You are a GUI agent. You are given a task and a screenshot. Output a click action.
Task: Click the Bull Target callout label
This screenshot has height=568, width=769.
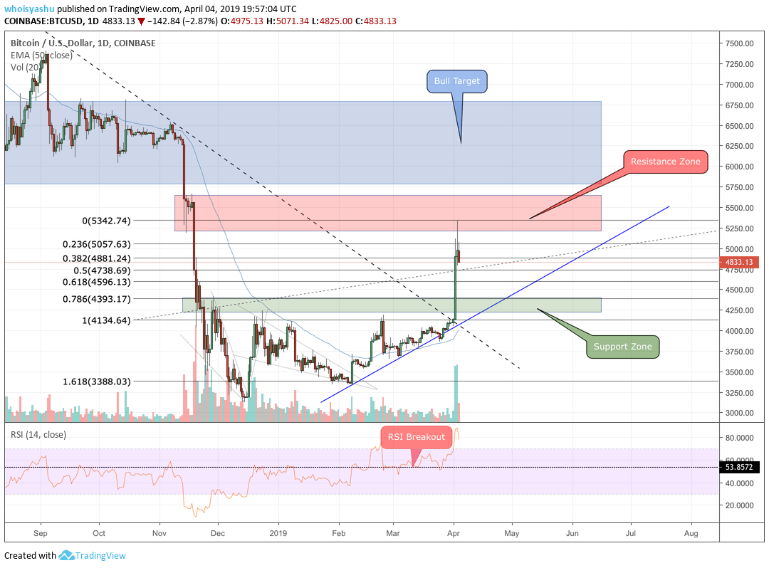point(456,81)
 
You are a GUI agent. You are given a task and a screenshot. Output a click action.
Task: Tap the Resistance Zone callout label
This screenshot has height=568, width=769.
point(665,162)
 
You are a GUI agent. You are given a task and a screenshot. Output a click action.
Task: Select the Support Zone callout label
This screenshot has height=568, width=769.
point(623,347)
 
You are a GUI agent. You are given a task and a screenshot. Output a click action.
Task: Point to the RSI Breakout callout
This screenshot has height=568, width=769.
point(416,437)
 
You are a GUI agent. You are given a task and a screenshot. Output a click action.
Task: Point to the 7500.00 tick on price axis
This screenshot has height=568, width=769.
point(739,43)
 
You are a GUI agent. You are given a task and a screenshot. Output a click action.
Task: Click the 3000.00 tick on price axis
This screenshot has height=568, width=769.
point(739,413)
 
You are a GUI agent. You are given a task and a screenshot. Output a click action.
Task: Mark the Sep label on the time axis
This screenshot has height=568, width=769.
point(41,532)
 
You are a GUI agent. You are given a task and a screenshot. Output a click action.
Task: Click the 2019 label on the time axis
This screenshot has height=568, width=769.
point(278,532)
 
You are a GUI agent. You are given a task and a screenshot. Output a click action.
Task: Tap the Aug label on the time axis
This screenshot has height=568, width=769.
point(690,532)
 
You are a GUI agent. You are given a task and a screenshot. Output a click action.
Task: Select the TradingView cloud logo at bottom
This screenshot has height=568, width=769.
point(67,555)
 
